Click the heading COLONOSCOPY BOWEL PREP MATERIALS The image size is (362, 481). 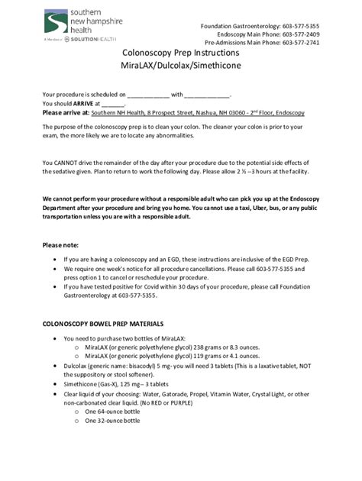coord(108,324)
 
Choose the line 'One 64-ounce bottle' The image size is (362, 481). coord(112,412)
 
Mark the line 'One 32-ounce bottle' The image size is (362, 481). coord(112,420)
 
